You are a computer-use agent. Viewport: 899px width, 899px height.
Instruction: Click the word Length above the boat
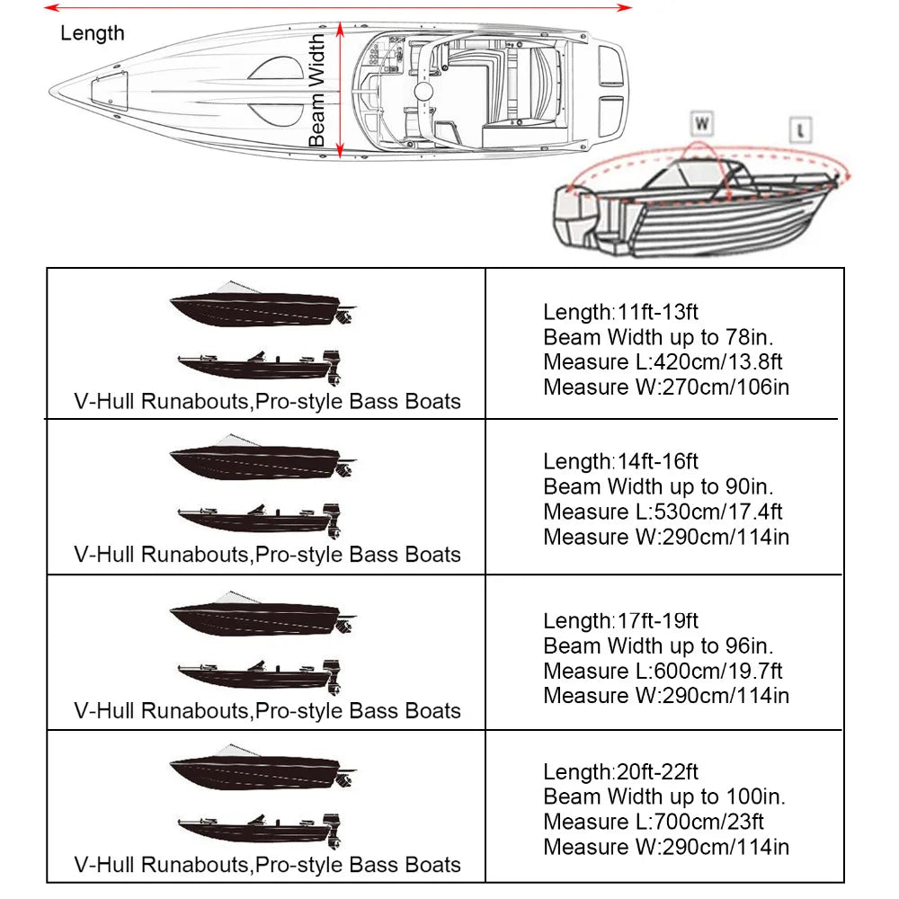coord(93,34)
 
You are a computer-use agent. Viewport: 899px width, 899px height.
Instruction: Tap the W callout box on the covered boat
coord(702,123)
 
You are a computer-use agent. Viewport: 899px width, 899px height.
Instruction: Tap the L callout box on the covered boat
coord(800,130)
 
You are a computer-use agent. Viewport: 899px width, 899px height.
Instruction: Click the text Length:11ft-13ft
coord(620,312)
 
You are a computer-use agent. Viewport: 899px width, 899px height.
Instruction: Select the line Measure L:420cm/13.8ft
coord(663,362)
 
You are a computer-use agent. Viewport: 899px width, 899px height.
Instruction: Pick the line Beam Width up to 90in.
coord(658,486)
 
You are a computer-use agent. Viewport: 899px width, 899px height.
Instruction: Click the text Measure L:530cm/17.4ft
coord(663,512)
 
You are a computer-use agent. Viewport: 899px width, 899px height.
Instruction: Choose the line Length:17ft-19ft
coord(620,620)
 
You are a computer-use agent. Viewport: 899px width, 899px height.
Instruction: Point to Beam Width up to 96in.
coord(658,645)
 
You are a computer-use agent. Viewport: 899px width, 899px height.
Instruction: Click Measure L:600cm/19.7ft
coord(663,671)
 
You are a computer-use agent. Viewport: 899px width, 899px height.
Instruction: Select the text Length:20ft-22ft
coord(620,771)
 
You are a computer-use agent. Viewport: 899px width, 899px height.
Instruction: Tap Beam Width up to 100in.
coord(663,797)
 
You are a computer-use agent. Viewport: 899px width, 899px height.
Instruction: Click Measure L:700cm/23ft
coord(654,822)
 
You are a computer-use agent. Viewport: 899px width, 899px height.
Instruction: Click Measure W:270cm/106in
coord(666,387)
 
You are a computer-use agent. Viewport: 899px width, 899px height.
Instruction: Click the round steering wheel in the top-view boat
coord(424,93)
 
